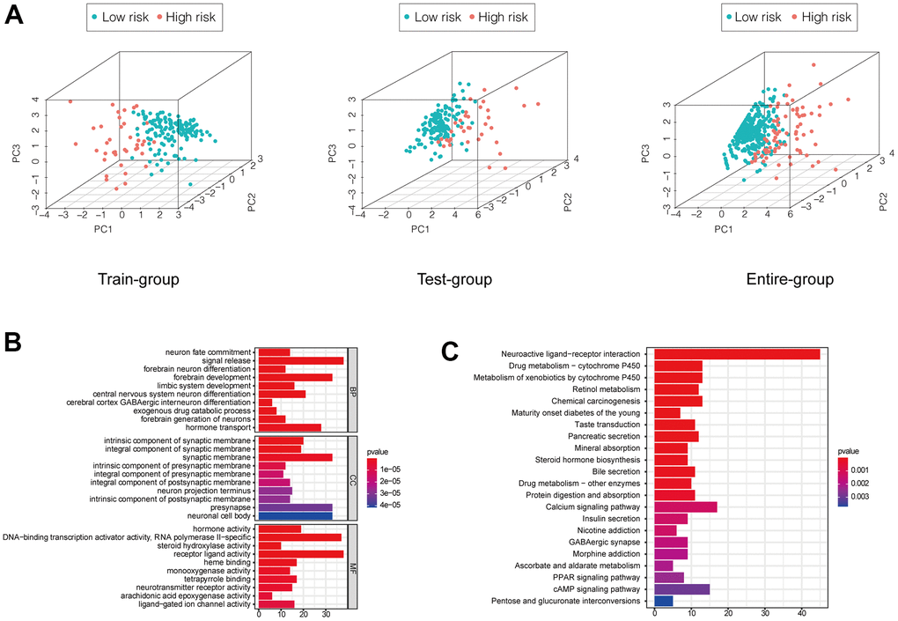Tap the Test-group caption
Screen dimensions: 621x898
[x=454, y=280]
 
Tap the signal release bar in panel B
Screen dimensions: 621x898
[x=300, y=360]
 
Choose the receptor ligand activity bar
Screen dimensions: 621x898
[x=300, y=553]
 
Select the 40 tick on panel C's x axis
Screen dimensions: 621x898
[x=801, y=612]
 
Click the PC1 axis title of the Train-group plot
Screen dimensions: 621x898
[x=81, y=231]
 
